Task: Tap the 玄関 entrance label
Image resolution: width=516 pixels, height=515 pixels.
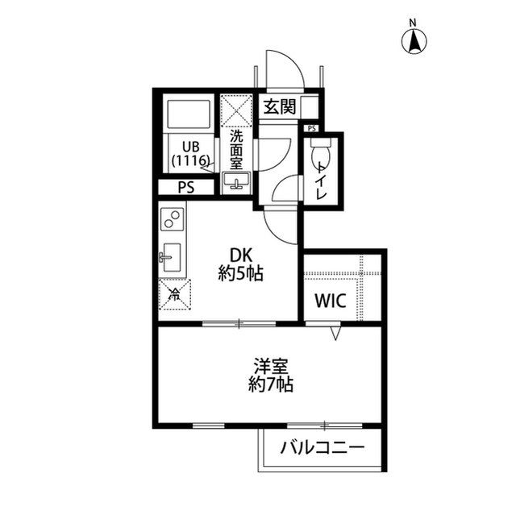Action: point(279,106)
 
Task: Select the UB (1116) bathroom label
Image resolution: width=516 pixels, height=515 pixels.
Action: point(190,153)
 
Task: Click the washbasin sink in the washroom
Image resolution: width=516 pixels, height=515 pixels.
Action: point(237,183)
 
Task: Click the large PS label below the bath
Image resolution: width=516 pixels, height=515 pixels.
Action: point(186,188)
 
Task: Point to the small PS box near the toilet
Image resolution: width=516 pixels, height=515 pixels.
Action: point(311,127)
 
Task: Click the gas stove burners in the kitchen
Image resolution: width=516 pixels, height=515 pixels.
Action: point(172,218)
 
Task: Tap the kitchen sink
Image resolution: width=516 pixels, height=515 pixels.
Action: point(171,258)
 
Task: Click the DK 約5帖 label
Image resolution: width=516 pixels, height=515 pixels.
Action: point(240,264)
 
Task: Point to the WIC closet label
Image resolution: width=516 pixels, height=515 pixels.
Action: point(330,301)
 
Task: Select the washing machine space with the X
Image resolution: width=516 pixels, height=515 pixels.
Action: point(237,109)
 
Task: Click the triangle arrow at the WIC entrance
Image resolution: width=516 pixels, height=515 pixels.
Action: point(337,331)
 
